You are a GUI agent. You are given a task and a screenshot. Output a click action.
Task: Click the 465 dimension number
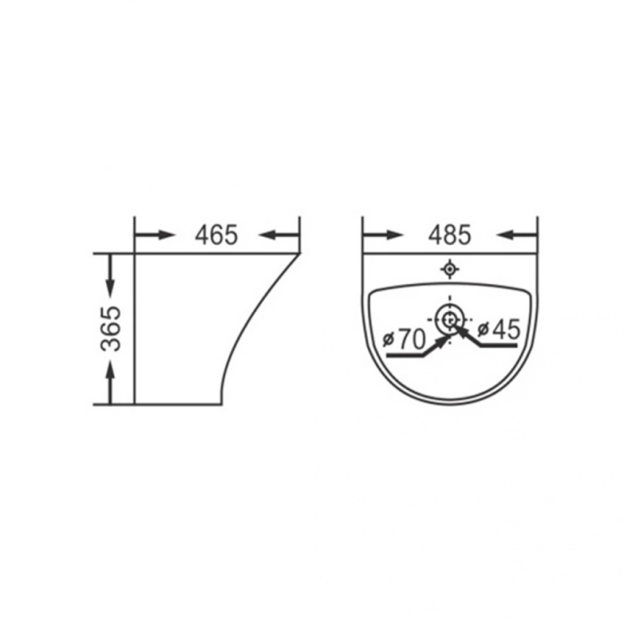(x=216, y=235)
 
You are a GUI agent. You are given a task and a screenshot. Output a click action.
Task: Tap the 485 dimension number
(x=450, y=235)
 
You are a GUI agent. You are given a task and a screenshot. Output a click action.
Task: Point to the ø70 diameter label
(x=404, y=340)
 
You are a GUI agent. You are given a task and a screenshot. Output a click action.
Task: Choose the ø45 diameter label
(x=499, y=329)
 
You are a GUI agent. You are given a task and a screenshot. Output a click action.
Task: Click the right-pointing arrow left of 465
(x=155, y=235)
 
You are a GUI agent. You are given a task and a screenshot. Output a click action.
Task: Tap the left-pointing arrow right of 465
(x=279, y=235)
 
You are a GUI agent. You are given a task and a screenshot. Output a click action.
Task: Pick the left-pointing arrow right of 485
(x=517, y=235)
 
